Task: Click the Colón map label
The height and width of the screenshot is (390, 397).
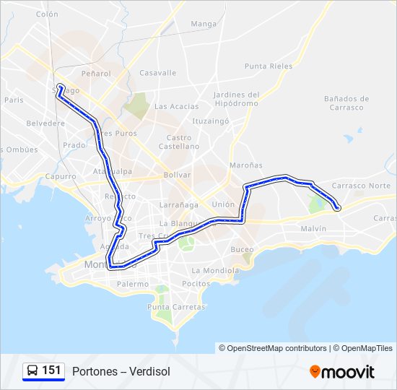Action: coord(47,14)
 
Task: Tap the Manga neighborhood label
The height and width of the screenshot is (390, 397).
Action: coord(204,24)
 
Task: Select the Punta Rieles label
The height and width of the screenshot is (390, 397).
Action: coord(269,66)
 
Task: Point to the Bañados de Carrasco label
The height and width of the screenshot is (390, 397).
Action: coord(346,103)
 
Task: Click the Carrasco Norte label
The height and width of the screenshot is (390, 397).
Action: coord(361,186)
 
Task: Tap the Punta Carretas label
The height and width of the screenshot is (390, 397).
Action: coord(176,307)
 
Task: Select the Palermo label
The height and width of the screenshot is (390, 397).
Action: coord(133,284)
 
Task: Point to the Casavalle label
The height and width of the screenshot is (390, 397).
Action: coord(157,73)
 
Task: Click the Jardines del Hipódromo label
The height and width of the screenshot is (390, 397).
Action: coord(236,99)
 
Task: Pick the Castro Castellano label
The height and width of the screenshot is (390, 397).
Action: coord(179,142)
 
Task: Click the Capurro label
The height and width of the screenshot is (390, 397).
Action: coord(60,176)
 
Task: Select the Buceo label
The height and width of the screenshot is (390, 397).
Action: coord(242,249)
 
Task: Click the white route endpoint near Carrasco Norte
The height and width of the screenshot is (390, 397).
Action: coord(338,209)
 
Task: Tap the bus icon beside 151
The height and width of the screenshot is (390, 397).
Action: coord(32,371)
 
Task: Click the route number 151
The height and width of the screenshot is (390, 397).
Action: coord(51,370)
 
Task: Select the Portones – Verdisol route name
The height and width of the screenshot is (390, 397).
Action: coord(121,371)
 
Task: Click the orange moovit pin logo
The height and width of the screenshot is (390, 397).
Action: coord(315,372)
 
